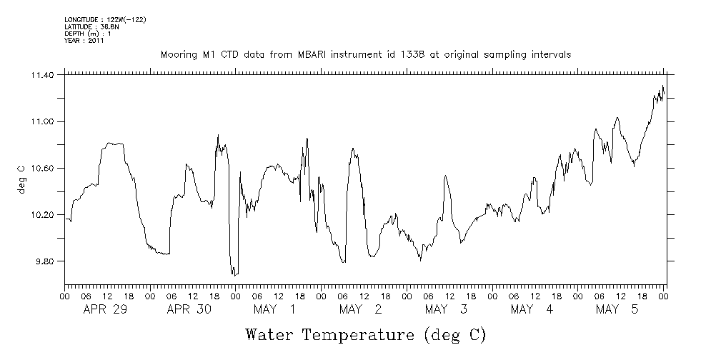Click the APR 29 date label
pos(103,309)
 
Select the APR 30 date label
pos(187,309)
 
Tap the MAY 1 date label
pos(274,309)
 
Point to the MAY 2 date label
pos(360,309)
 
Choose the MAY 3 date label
pos(446,309)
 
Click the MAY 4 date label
pos(532,309)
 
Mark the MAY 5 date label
pos(617,309)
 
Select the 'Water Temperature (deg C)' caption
pos(364,335)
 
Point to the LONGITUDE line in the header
pos(105,19)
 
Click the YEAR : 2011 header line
pos(84,40)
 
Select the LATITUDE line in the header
pos(91,26)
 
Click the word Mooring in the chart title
pos(178,55)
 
